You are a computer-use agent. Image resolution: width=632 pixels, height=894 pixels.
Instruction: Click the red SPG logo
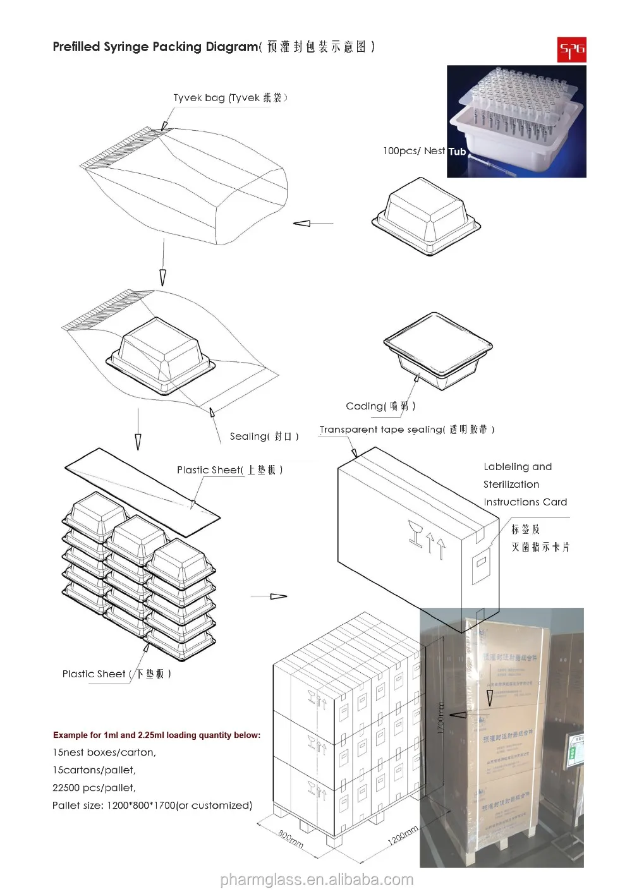(571, 50)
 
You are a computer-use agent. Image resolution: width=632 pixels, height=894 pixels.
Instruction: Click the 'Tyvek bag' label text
(230, 97)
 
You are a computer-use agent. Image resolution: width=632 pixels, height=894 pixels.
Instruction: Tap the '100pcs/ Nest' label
(414, 151)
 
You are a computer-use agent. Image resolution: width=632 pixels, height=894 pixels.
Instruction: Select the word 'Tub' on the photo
(457, 152)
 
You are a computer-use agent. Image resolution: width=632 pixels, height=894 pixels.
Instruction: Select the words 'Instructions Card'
(525, 502)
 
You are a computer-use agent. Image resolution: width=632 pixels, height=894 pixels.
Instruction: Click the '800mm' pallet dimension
(291, 839)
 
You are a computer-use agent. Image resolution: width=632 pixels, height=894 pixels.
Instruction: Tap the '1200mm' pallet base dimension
(403, 837)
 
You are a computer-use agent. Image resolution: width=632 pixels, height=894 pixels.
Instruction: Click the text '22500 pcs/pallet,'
(94, 788)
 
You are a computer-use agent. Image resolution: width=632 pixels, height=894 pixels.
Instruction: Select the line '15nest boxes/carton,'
(104, 752)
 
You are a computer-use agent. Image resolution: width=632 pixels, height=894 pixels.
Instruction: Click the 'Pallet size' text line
(152, 806)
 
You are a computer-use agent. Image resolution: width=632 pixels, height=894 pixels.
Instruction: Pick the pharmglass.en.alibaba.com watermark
(317, 880)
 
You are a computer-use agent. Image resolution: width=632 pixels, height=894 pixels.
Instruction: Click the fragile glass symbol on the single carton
(415, 534)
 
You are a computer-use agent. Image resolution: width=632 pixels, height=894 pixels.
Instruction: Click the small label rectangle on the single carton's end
(482, 561)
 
